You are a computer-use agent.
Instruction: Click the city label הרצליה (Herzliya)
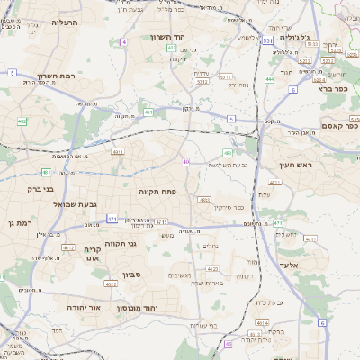tap(65, 22)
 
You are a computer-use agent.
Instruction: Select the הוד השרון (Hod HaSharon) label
tap(192, 38)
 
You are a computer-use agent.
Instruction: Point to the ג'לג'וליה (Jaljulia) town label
tap(295, 38)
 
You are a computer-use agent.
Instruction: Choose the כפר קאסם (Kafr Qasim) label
tap(337, 126)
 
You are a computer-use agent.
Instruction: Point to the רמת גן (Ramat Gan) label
tap(18, 222)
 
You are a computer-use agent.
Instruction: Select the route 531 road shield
tap(268, 40)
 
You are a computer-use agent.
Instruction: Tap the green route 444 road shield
tap(270, 79)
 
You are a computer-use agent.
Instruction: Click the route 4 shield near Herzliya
tap(125, 41)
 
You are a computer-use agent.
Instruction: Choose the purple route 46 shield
tap(229, 343)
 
